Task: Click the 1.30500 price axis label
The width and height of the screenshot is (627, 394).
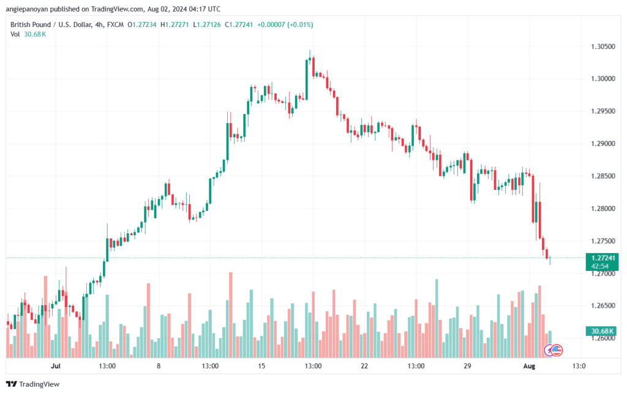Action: (x=603, y=47)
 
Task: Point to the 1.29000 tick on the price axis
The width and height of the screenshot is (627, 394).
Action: (x=603, y=143)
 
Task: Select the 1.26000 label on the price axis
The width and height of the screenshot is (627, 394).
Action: (x=603, y=338)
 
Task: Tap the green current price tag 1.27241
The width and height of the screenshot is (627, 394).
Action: (x=603, y=259)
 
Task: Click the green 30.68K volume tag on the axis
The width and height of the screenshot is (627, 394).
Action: (x=603, y=331)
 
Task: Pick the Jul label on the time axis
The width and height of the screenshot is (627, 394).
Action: (x=56, y=366)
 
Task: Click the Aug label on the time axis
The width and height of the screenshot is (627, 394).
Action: (x=529, y=366)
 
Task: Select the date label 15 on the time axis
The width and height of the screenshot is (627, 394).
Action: (x=261, y=366)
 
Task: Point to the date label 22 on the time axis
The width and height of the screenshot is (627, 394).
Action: (x=364, y=366)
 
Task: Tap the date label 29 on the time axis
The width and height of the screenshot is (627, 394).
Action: (x=467, y=366)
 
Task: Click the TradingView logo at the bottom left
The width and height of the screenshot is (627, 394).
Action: (x=33, y=384)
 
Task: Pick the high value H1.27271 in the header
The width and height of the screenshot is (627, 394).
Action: (x=175, y=25)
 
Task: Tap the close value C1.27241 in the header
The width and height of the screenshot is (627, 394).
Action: (x=239, y=25)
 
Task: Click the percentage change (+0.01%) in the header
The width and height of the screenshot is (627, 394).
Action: (x=300, y=25)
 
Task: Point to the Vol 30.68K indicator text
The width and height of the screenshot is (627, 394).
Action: (x=28, y=34)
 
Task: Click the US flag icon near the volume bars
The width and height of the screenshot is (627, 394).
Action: (x=557, y=350)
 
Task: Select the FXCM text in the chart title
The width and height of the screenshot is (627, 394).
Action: (x=115, y=25)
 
